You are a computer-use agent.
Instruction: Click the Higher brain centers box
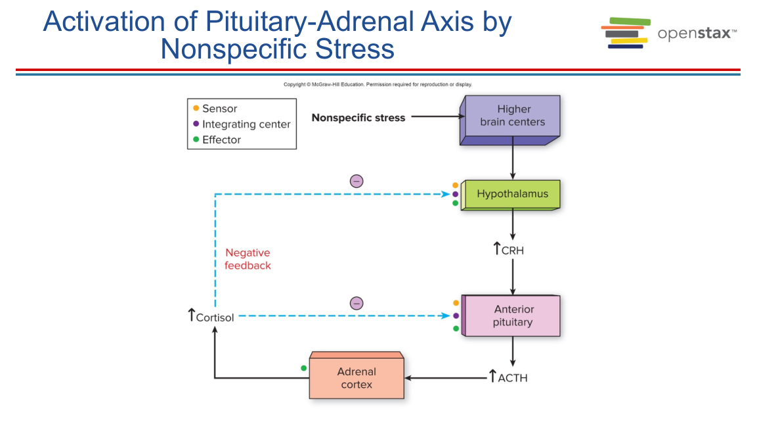[x=512, y=116]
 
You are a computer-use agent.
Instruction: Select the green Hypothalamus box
[x=512, y=194]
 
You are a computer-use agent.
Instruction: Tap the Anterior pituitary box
[x=513, y=316]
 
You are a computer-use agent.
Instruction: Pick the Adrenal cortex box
[x=357, y=378]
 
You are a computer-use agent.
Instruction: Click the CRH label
[x=513, y=250]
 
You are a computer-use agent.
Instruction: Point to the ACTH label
[x=513, y=378]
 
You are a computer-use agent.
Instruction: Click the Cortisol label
[x=215, y=318]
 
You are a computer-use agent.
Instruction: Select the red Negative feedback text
[x=248, y=259]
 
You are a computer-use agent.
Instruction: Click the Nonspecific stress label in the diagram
[x=358, y=118]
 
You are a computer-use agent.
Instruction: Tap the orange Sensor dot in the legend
[x=196, y=108]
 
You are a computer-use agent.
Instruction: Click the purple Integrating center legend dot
[x=196, y=124]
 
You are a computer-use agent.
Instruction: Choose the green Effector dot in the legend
[x=196, y=139]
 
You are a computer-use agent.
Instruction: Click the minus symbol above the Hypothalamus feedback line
[x=357, y=181]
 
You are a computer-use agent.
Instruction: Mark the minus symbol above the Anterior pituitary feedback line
[x=357, y=303]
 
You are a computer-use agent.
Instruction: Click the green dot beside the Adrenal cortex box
[x=303, y=368]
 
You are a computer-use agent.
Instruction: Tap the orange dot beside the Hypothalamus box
[x=455, y=185]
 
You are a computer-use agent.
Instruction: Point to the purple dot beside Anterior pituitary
[x=456, y=316]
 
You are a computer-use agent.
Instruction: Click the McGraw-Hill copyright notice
[x=378, y=84]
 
